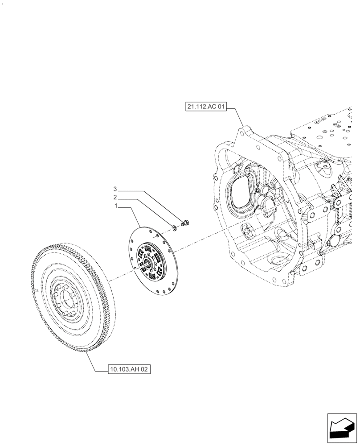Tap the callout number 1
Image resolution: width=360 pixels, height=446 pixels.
116,206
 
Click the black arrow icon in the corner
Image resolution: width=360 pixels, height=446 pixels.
342,428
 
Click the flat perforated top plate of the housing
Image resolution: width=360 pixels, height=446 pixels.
330,129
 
